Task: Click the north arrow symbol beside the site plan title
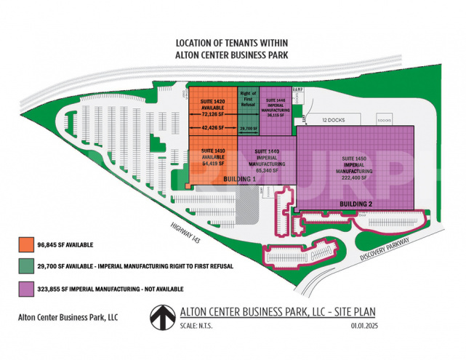coord(161,317)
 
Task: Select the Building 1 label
coord(240,178)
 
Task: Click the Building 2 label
coord(355,204)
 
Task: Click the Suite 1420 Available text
coord(212,105)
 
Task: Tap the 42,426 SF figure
coord(212,127)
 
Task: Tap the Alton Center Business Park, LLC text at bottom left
coord(68,317)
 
